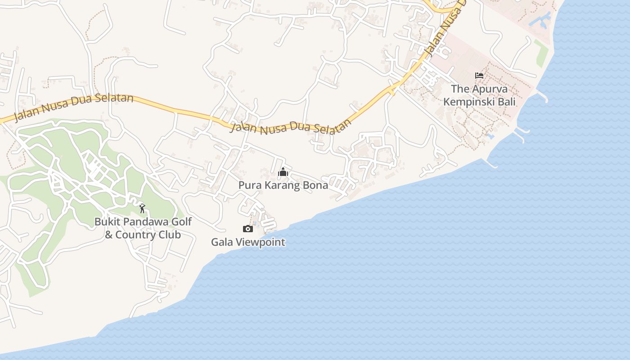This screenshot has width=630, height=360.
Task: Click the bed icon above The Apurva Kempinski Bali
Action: pos(479,76)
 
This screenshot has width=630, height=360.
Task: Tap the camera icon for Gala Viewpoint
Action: pos(248,229)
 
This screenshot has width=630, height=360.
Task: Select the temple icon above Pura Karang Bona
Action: pos(283,172)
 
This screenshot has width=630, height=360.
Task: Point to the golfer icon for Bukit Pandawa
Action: pos(142,208)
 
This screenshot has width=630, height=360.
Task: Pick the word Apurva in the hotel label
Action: pos(489,89)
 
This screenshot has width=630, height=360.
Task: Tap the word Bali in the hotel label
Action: pos(506,102)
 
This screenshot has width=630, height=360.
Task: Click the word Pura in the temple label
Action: pos(248,185)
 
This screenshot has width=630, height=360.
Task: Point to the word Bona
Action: pos(316,185)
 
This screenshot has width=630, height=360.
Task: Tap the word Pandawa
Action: pos(144,222)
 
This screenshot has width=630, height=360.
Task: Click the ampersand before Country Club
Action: pos(108,235)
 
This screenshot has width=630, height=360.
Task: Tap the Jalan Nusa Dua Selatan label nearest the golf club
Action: pos(74,108)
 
